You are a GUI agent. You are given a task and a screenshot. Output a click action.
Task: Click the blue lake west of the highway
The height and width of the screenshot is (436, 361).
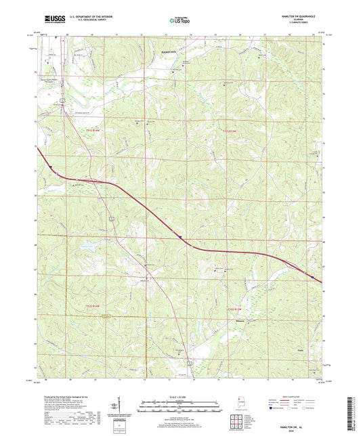(89, 247)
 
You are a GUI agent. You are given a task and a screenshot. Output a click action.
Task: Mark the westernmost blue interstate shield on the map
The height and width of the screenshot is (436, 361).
(49, 170)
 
